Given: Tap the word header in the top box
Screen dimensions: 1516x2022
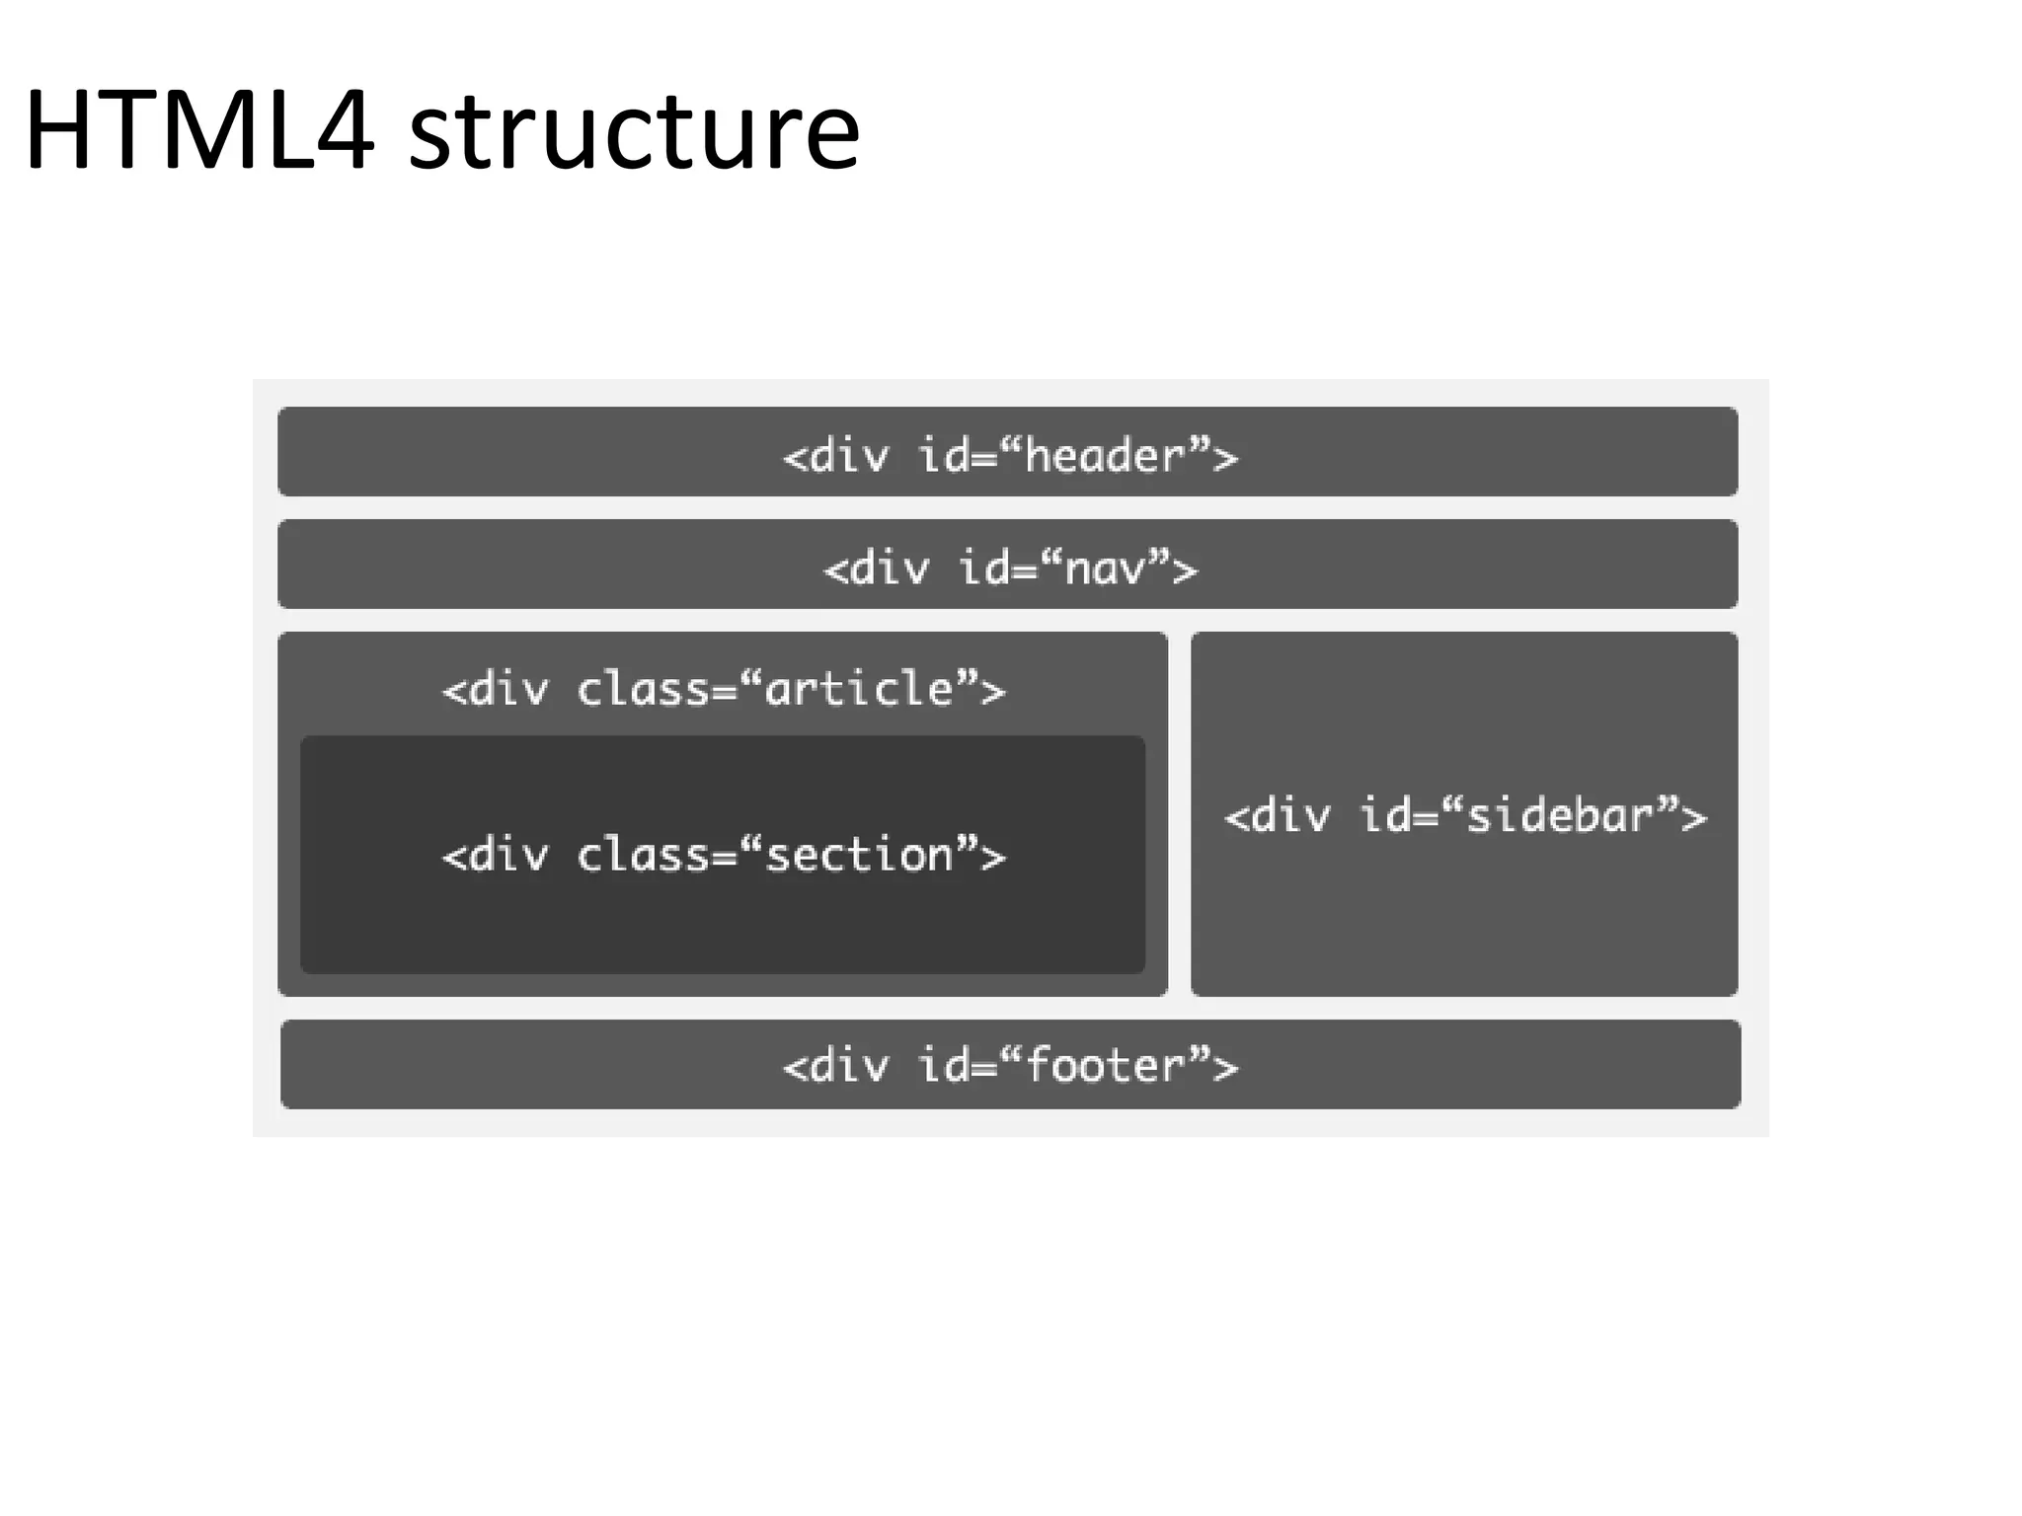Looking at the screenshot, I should (x=1104, y=456).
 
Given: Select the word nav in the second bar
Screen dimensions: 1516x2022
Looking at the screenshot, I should (x=1105, y=569).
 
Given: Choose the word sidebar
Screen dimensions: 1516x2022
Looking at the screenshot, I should (x=1559, y=816).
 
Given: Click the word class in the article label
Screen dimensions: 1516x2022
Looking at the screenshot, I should (x=643, y=689).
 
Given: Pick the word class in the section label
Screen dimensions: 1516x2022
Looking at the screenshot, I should (x=643, y=855).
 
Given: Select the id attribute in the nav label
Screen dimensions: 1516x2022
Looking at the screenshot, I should (x=981, y=568).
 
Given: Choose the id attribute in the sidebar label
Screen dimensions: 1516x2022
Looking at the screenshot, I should (x=1382, y=815).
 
